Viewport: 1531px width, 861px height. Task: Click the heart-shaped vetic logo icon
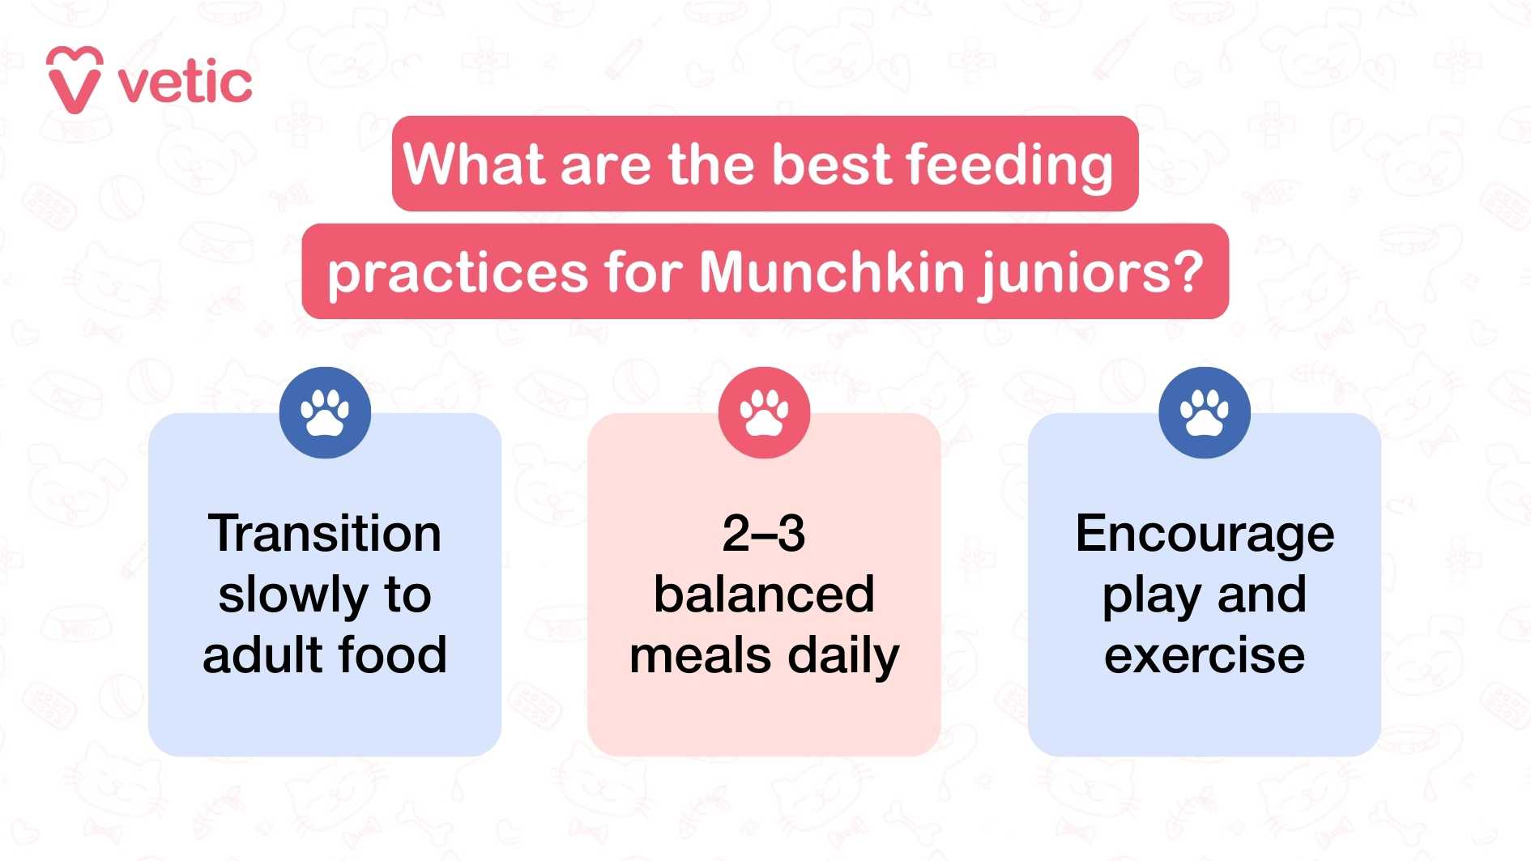[x=75, y=80]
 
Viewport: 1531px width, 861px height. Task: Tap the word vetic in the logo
[x=186, y=83]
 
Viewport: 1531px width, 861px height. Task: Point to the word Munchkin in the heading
[x=830, y=272]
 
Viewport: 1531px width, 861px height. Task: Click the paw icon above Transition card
[x=325, y=412]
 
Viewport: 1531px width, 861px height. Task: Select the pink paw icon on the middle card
[x=764, y=412]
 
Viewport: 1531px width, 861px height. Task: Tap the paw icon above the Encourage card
[x=1204, y=412]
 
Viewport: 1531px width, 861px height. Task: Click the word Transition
[x=324, y=534]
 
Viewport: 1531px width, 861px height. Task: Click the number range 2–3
[x=764, y=534]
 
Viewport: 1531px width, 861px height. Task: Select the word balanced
[x=764, y=595]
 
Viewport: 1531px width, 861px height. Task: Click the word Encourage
[x=1205, y=535]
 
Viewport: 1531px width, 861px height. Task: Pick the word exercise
[x=1205, y=655]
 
